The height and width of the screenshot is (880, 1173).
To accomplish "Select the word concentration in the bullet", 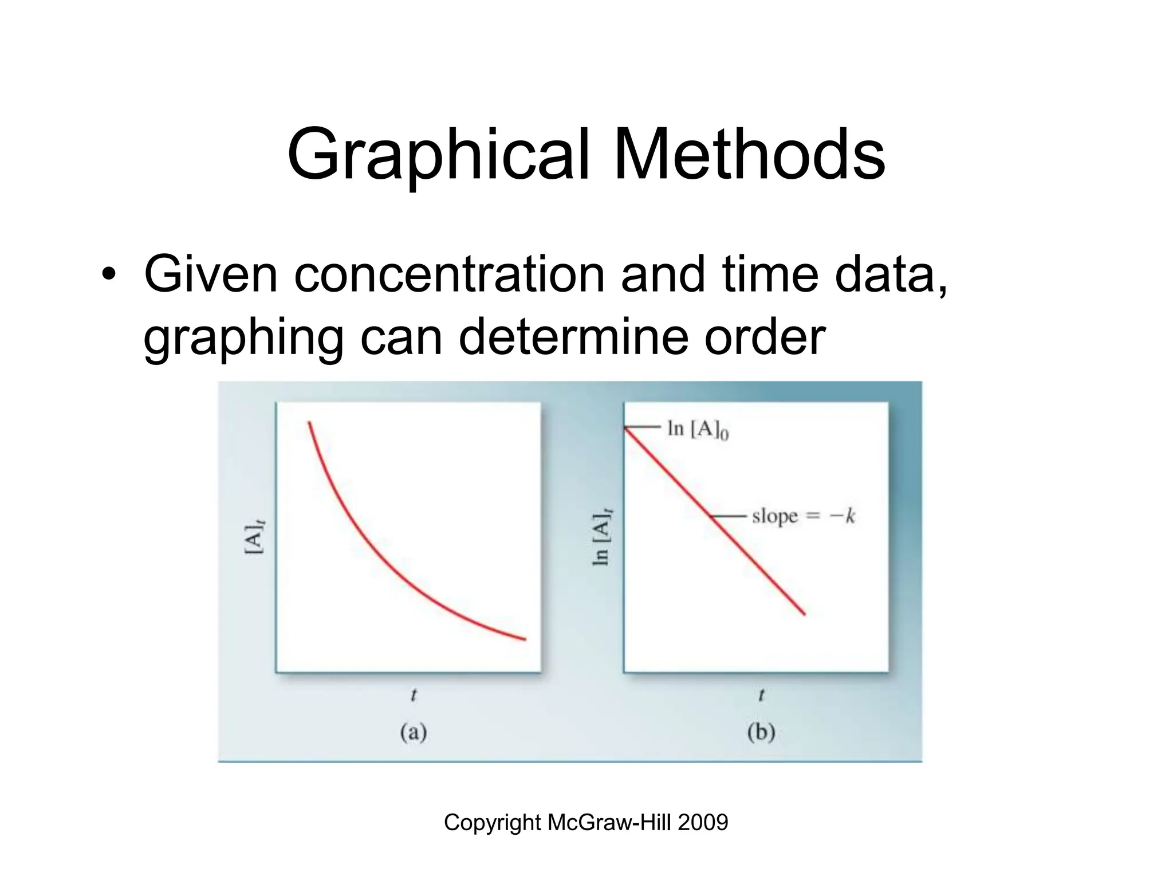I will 449,274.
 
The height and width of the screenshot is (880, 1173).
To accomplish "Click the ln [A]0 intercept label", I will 698,429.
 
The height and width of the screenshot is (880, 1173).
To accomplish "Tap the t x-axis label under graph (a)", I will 413,696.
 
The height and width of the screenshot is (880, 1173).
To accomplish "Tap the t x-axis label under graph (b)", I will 761,696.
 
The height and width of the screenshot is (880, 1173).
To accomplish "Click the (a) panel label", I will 414,733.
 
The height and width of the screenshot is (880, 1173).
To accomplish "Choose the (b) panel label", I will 761,733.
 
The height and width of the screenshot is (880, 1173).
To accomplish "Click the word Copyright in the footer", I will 493,823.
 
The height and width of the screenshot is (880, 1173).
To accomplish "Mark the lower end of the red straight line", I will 804,614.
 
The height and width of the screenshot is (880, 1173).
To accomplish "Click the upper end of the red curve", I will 309,423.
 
